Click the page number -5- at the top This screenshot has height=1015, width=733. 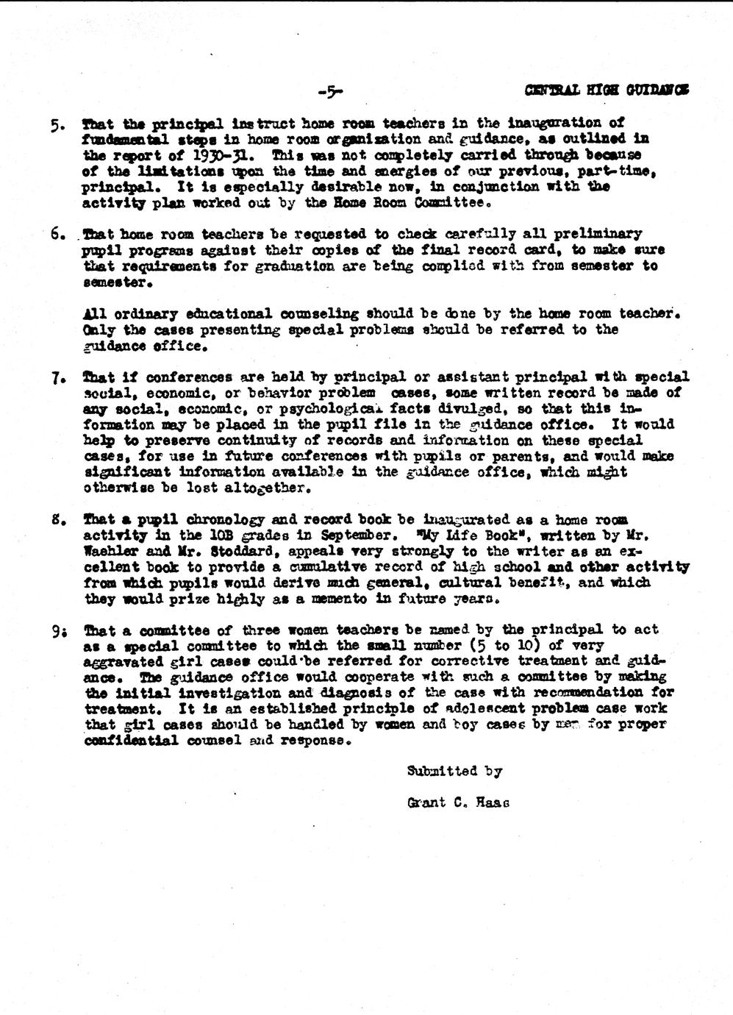tap(331, 92)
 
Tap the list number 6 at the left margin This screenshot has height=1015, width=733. tap(57, 235)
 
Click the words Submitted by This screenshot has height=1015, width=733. tap(454, 772)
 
